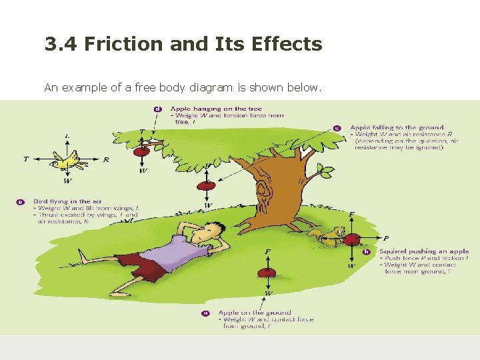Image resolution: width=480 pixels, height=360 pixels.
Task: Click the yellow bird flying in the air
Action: pyautogui.click(x=67, y=159)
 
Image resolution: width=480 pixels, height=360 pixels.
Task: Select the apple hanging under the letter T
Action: pyautogui.click(x=141, y=151)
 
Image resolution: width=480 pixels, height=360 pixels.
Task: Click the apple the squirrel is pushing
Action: pyautogui.click(x=352, y=239)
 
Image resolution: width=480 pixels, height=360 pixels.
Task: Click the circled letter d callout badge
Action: pyautogui.click(x=157, y=108)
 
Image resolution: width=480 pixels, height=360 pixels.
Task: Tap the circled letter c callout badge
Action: pyautogui.click(x=337, y=127)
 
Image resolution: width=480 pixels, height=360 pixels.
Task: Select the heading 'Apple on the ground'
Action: pyautogui.click(x=254, y=312)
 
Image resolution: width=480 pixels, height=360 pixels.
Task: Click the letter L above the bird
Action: pyautogui.click(x=67, y=136)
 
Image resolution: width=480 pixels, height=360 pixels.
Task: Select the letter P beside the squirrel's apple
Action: pyautogui.click(x=387, y=238)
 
